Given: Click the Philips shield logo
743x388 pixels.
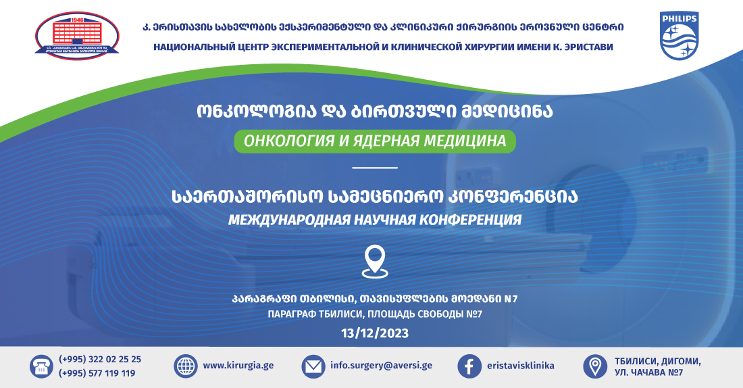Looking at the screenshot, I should pos(679,36).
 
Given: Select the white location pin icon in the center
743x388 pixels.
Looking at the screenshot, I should pos(375,261).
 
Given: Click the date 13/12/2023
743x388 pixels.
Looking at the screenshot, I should pos(375,333).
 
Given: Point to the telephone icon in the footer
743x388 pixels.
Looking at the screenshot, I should pos(41,366).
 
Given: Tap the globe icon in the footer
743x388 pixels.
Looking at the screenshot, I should pos(185,366).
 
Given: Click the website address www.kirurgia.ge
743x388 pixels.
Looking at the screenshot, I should pos(238,366).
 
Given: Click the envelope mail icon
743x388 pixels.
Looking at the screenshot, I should pos(313,366).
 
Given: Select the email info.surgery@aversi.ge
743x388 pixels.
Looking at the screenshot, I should pos(381,366).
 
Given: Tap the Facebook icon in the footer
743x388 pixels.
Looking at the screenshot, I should pos(469,366).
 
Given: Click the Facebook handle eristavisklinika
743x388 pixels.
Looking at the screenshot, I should pos(520,366).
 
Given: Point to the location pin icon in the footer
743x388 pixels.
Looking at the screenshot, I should pos(594,366).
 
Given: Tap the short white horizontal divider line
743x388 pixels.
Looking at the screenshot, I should pos(375,167).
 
